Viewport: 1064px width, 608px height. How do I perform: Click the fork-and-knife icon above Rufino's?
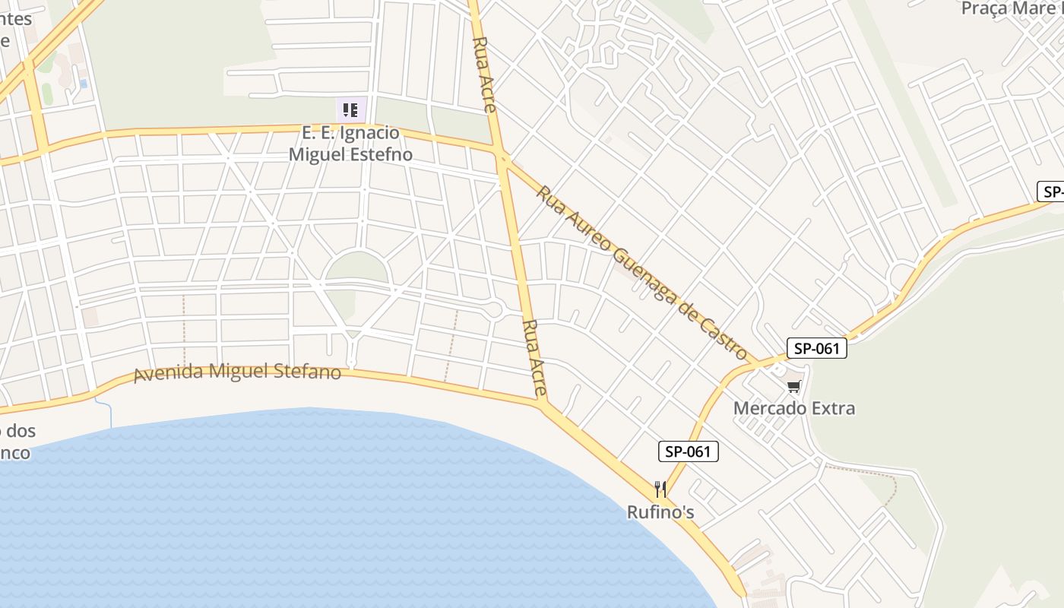(660, 489)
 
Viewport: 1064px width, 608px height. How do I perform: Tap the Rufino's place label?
(660, 512)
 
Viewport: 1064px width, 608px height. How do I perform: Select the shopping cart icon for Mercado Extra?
(794, 387)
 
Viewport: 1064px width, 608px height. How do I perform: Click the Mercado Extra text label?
(793, 408)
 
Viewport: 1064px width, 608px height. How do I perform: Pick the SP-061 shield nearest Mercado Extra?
(816, 349)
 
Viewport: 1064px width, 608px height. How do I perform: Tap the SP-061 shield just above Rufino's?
(688, 451)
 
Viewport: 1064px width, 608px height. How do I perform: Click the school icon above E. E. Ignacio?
(350, 110)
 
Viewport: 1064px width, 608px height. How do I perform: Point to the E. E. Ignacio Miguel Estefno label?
(350, 144)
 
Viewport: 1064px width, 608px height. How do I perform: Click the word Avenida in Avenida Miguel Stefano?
(169, 375)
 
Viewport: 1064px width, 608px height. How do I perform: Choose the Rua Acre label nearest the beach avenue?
(534, 358)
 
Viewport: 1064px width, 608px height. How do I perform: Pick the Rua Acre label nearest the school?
(484, 74)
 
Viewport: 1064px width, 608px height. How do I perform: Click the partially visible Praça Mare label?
(1011, 8)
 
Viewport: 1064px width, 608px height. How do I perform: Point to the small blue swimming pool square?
(83, 83)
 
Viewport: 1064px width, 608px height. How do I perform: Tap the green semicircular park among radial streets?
(356, 268)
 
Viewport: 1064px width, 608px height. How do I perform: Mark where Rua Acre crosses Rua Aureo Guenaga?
(502, 158)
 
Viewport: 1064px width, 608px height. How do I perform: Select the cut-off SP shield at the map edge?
(1051, 192)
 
